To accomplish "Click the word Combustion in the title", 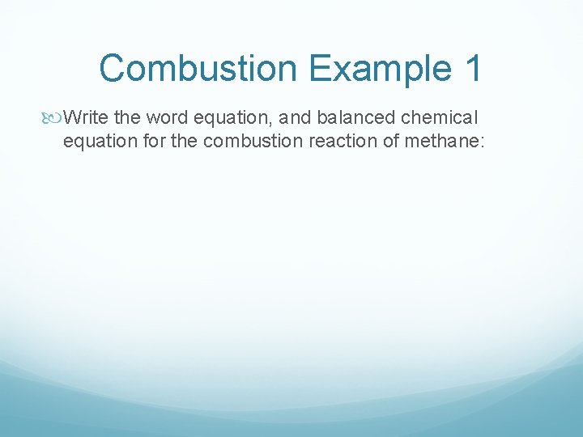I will (199, 68).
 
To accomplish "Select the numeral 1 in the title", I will (474, 68).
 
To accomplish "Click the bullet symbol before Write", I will (53, 118).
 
